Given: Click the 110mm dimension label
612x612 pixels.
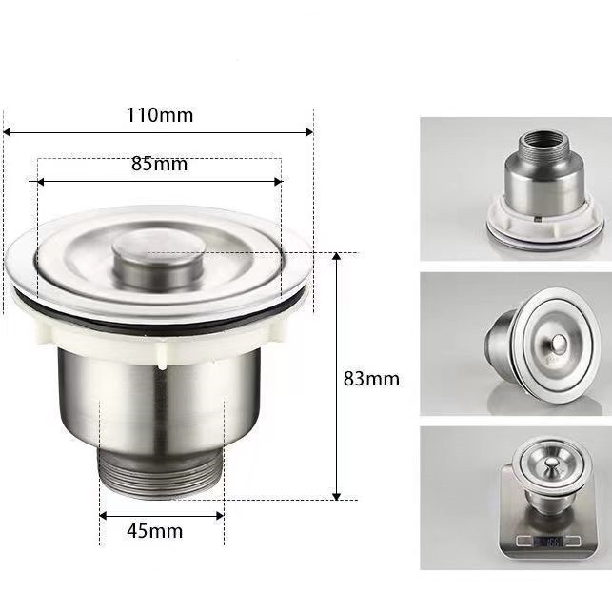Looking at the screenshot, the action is [159, 115].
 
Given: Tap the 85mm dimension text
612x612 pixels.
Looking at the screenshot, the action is [159, 164].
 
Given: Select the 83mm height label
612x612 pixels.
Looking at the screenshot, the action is [371, 379].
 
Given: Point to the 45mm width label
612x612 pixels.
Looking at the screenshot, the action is [154, 531].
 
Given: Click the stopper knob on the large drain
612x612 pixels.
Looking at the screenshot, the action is [158, 259].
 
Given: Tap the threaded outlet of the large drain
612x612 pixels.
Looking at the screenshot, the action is [160, 473].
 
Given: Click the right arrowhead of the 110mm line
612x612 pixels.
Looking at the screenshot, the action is [309, 132].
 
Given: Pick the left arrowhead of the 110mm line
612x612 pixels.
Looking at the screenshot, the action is [7, 132].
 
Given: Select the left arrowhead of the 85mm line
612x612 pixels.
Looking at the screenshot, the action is [41, 182].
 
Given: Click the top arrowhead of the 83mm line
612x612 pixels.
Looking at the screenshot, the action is [337, 256].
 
